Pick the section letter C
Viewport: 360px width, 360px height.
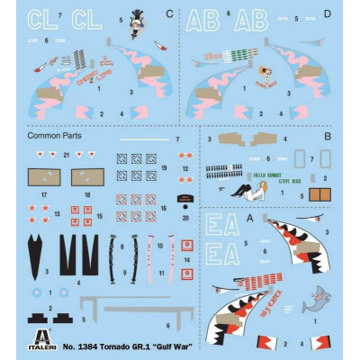[x=170, y=15]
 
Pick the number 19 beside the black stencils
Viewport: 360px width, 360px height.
[x=164, y=168]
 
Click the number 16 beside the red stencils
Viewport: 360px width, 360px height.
[x=164, y=202]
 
